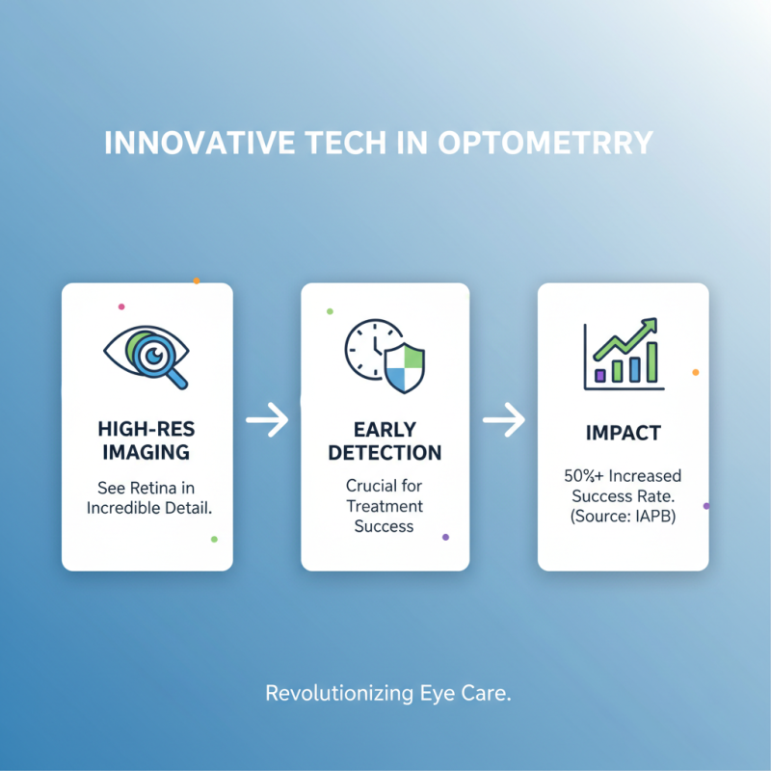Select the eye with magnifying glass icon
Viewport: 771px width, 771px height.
146,355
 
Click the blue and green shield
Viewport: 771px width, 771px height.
403,367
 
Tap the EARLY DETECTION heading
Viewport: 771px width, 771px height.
385,439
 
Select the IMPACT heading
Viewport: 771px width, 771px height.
623,432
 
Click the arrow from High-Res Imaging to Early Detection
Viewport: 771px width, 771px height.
267,419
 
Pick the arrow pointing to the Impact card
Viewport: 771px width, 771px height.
503,419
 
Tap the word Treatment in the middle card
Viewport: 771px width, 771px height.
385,506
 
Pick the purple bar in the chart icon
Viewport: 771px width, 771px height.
600,374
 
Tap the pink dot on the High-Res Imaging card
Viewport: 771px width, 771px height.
121,306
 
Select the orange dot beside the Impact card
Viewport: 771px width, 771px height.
696,372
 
